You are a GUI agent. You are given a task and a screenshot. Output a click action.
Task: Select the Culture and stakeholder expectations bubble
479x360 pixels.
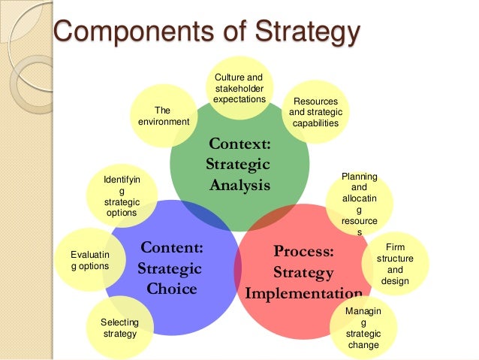pyautogui.click(x=239, y=88)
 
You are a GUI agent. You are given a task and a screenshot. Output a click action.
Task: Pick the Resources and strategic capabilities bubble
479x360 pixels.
pyautogui.click(x=315, y=112)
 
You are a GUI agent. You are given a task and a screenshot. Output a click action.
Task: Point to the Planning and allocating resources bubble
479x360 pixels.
pyautogui.click(x=360, y=204)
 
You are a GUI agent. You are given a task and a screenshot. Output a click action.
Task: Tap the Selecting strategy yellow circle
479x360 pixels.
pyautogui.click(x=119, y=328)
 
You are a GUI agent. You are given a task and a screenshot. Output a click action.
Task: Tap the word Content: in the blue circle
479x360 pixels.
pyautogui.click(x=172, y=248)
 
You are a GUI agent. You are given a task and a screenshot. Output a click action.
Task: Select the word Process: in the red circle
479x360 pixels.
pyautogui.click(x=303, y=251)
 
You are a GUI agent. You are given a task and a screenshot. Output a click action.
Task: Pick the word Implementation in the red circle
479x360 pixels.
pyautogui.click(x=303, y=292)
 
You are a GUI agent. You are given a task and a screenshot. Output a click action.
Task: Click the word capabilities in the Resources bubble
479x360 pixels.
pyautogui.click(x=315, y=123)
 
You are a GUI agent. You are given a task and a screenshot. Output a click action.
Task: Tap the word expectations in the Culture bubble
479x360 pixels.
pyautogui.click(x=239, y=99)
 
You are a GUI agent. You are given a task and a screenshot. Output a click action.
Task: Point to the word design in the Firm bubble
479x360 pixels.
pyautogui.click(x=395, y=281)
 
